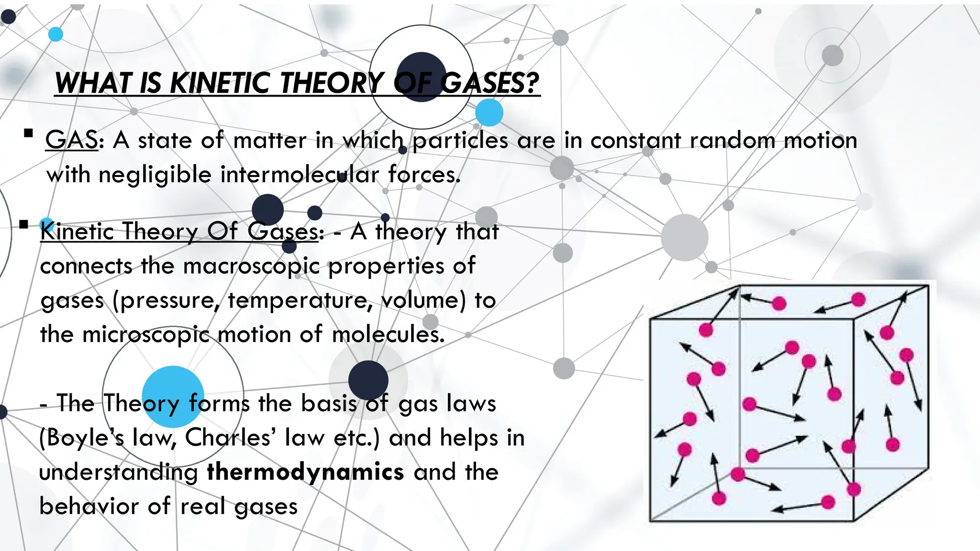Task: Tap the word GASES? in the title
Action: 490,83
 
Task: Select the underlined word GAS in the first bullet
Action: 72,140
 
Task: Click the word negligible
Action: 155,175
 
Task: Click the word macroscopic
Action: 251,266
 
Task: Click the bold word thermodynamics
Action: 305,472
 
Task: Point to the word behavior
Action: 89,506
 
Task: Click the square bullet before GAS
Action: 28,133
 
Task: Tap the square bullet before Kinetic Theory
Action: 24,224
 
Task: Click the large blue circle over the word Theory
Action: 173,397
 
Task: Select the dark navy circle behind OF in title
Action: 421,77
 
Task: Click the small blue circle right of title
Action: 489,113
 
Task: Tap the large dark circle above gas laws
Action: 368,380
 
